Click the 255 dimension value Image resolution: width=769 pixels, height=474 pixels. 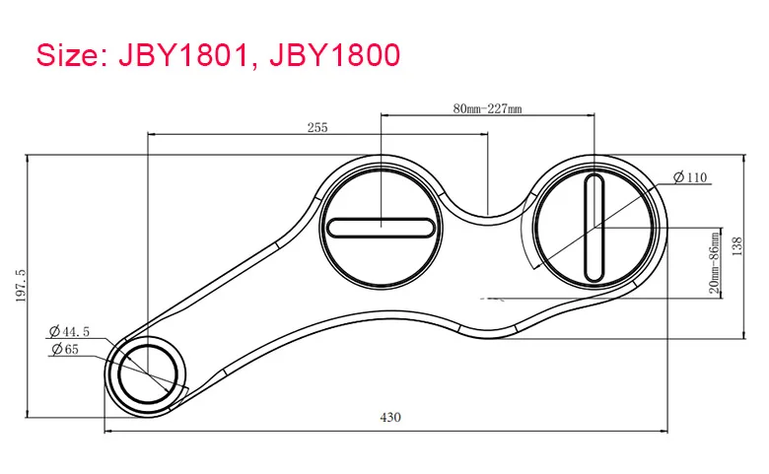(x=317, y=127)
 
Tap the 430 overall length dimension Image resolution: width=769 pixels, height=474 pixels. (x=390, y=417)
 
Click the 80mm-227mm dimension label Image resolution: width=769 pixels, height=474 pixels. (x=487, y=108)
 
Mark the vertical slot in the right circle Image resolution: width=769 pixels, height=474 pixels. (x=594, y=228)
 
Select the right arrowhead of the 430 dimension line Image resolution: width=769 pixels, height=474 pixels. (x=664, y=432)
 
